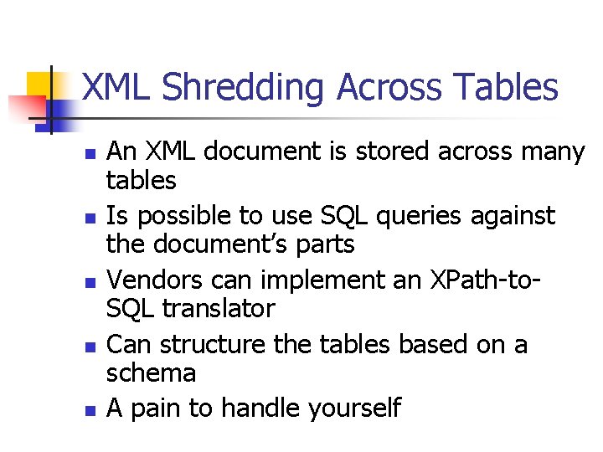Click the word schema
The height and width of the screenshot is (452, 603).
point(152,373)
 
